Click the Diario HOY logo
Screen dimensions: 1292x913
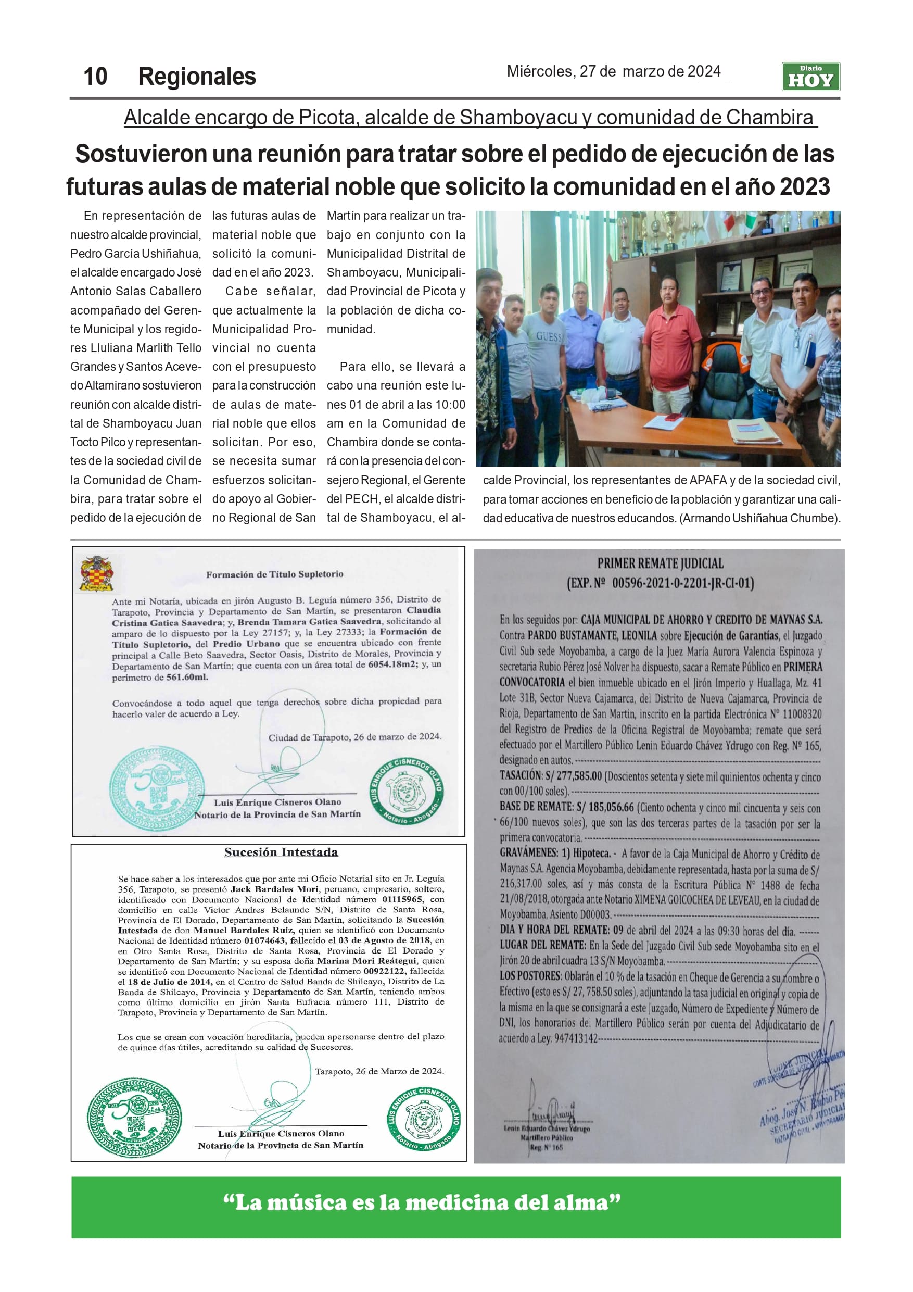pyautogui.click(x=810, y=77)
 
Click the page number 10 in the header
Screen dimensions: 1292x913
pyautogui.click(x=95, y=77)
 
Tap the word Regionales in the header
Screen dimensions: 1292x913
pyautogui.click(x=197, y=77)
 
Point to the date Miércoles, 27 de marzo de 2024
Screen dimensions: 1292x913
pyautogui.click(x=613, y=71)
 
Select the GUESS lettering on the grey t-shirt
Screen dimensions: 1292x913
pyautogui.click(x=549, y=336)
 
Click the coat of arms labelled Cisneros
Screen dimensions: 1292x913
pyautogui.click(x=97, y=573)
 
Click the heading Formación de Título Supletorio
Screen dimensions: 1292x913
pyautogui.click(x=274, y=574)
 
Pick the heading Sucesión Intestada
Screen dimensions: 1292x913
pyautogui.click(x=281, y=852)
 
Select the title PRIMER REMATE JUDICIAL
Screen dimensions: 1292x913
pyautogui.click(x=660, y=563)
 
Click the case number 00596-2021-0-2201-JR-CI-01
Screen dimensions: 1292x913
pyautogui.click(x=682, y=583)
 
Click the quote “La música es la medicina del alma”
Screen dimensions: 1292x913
pyautogui.click(x=422, y=1202)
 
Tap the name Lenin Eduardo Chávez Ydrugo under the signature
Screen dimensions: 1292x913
pyautogui.click(x=546, y=1128)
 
